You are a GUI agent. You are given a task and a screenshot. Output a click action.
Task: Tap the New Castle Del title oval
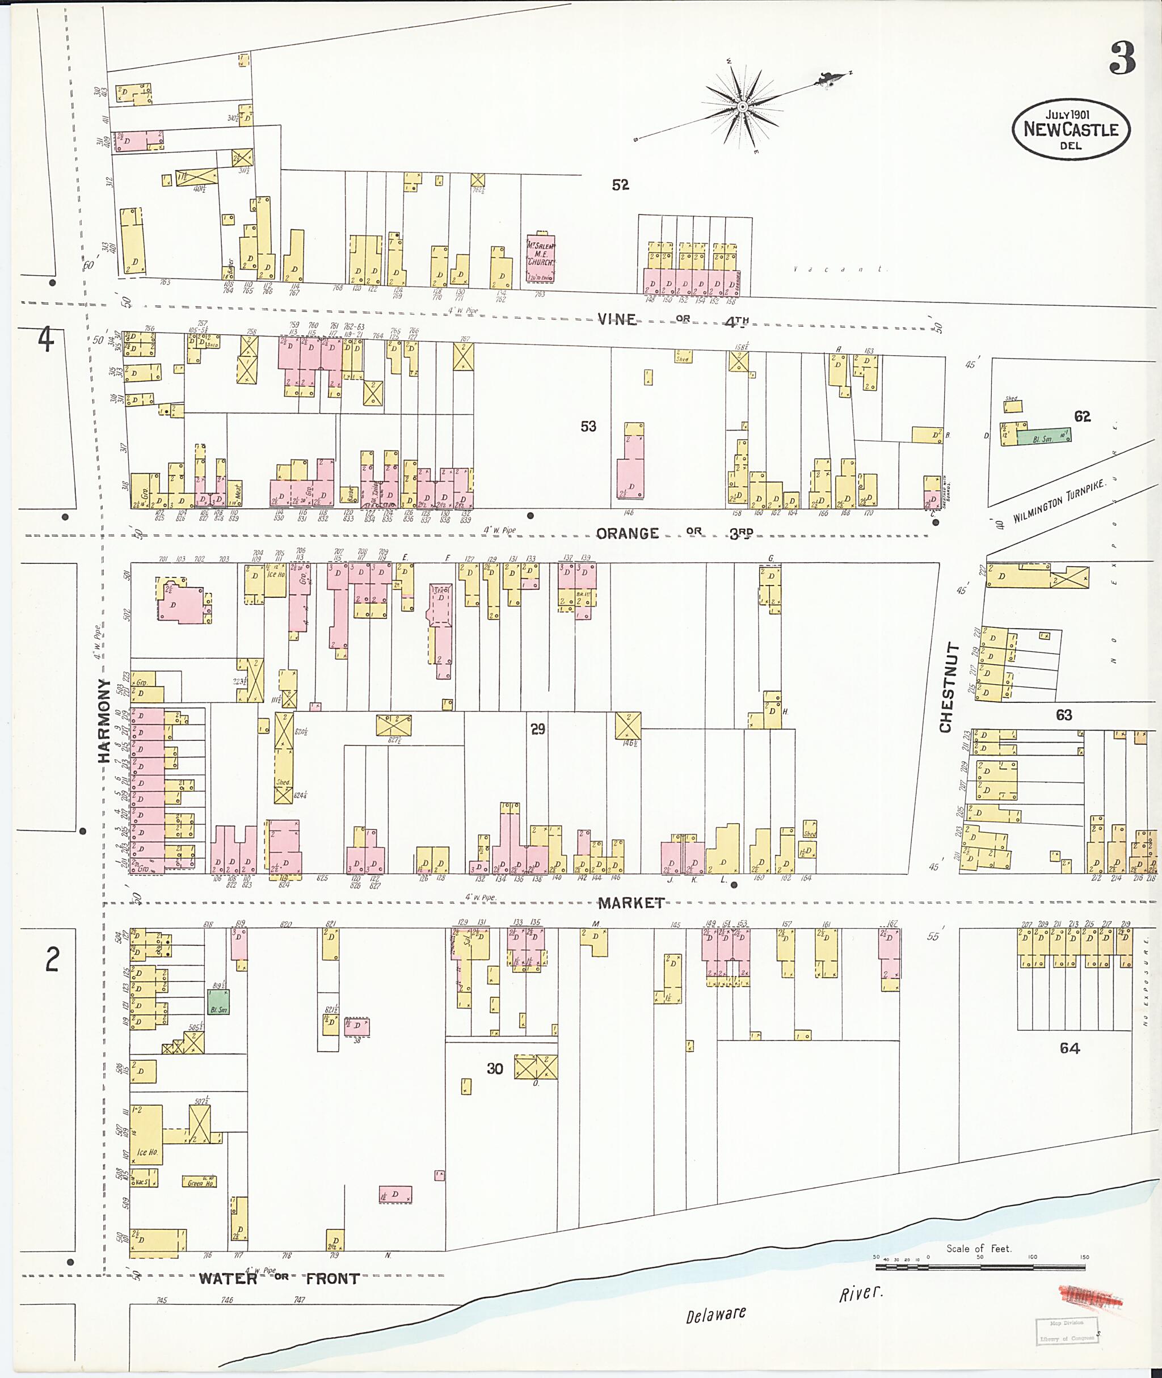[x=1071, y=130]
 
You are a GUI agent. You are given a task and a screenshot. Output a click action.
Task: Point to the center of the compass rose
[x=742, y=107]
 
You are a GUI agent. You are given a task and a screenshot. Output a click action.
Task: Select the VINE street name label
[x=617, y=319]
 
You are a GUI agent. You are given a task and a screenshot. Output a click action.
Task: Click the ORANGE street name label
[x=627, y=533]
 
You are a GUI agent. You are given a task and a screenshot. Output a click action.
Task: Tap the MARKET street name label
[x=631, y=903]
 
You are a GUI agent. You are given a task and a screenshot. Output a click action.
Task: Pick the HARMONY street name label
[x=104, y=720]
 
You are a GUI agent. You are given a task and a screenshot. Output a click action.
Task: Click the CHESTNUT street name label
[x=946, y=688]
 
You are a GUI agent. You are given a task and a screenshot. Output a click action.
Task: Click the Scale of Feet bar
[x=982, y=1266]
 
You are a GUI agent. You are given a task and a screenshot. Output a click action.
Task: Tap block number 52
[x=620, y=185]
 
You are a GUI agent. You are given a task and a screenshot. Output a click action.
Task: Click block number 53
[x=588, y=427]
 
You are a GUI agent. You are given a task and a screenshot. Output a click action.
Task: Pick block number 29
[x=537, y=729]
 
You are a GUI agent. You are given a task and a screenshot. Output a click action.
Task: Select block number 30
[x=495, y=1068]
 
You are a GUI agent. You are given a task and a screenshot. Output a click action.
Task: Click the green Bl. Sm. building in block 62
[x=1043, y=436]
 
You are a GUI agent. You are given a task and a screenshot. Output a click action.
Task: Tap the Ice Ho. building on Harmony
[x=146, y=1133]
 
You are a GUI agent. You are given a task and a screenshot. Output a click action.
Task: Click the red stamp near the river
[x=1089, y=1297]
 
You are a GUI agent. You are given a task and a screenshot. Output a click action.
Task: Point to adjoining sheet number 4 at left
[x=45, y=340]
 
